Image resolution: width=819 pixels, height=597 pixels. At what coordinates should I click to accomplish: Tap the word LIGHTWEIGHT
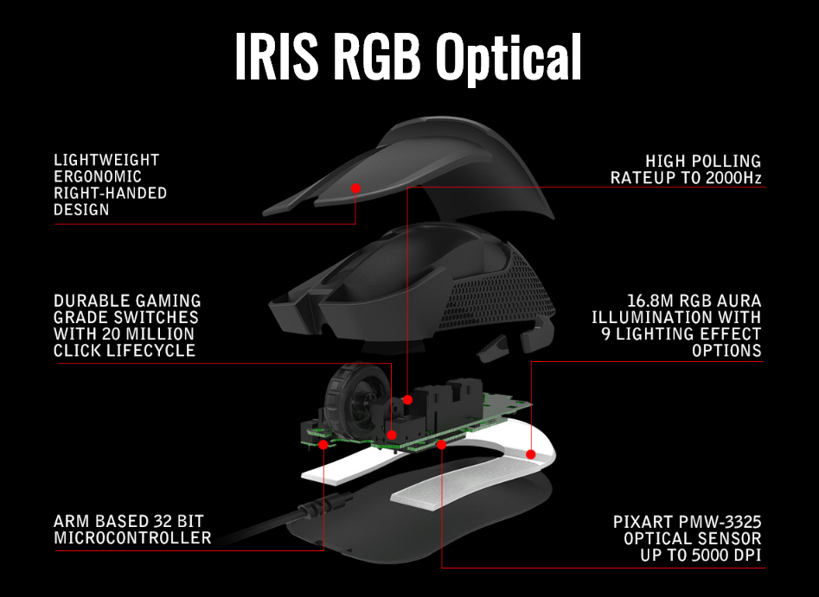point(106,161)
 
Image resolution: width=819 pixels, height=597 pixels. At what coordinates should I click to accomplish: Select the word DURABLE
point(91,301)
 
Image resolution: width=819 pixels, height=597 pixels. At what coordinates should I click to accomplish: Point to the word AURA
point(736,301)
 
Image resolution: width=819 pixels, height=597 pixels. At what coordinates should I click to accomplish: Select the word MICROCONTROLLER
point(132,538)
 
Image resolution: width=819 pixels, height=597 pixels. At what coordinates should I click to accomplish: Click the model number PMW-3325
point(720,523)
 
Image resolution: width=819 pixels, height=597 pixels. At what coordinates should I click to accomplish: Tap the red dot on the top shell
point(355,187)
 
